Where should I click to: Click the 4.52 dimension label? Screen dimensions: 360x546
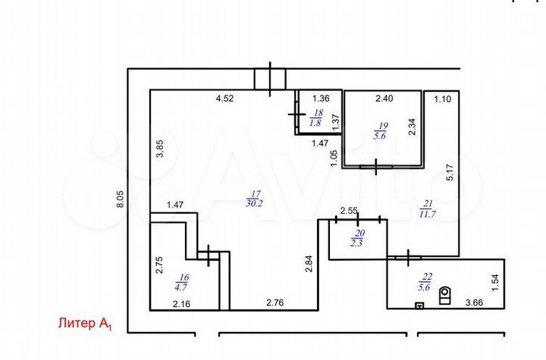click(224, 99)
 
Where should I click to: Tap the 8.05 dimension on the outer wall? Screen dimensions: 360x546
click(120, 199)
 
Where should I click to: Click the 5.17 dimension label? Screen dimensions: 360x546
click(450, 173)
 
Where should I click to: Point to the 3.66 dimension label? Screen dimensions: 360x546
click(475, 303)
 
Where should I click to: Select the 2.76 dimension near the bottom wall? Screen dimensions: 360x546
click(275, 303)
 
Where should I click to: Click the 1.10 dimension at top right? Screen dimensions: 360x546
click(443, 99)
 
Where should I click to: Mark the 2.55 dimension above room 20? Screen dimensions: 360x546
click(349, 211)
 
